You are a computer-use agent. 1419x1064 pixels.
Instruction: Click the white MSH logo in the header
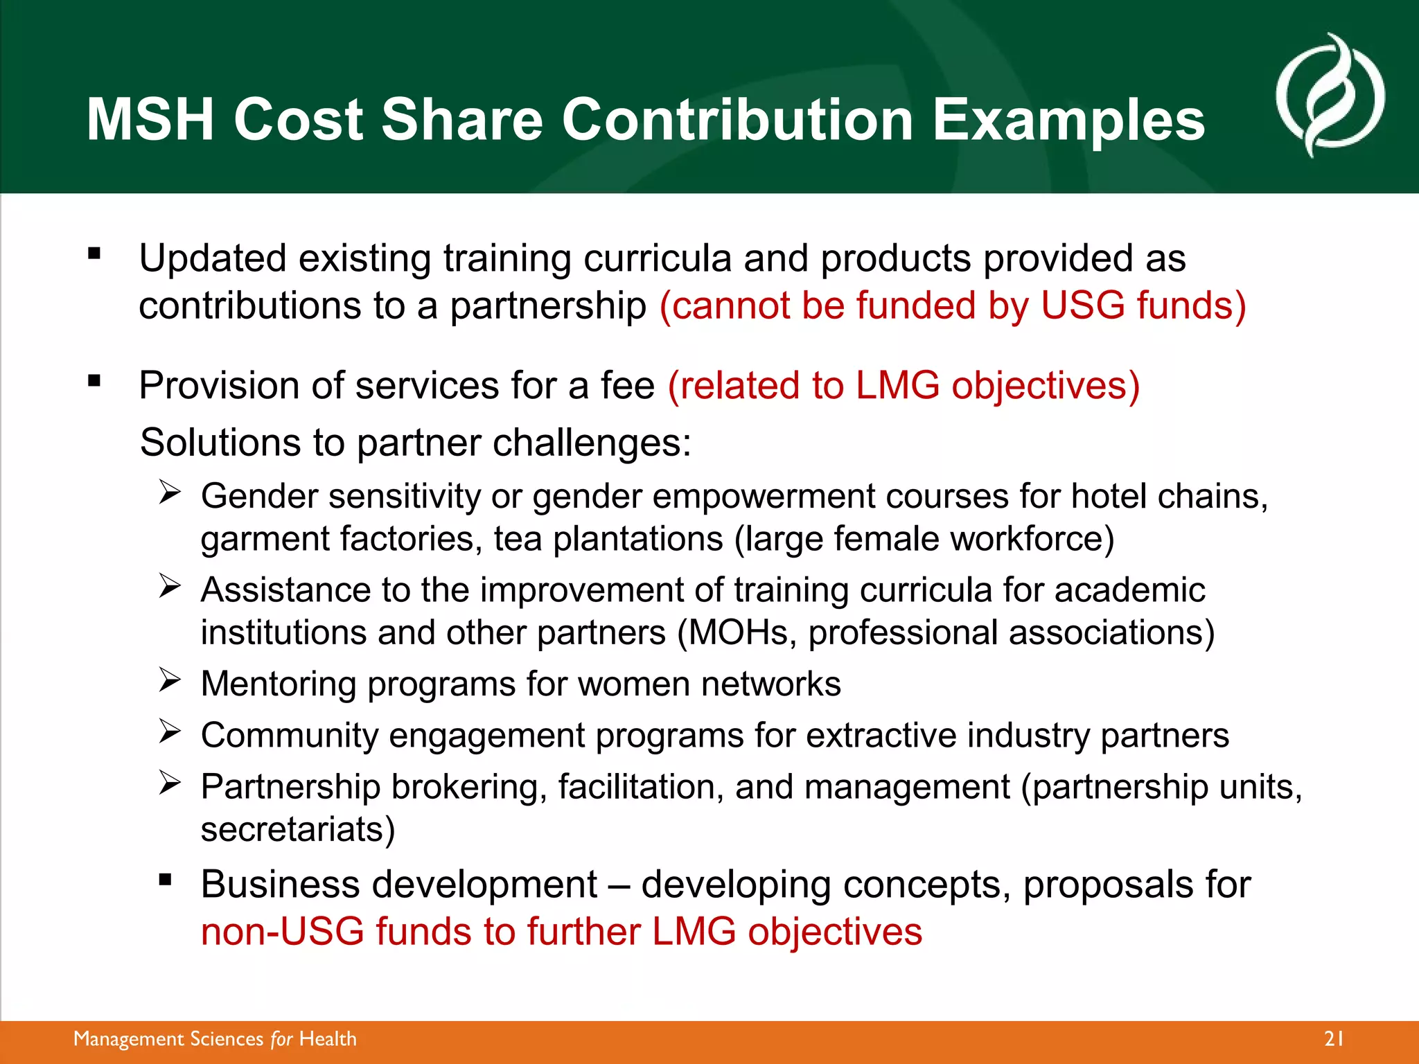tap(1330, 96)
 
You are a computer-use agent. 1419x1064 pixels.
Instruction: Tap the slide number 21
tap(1334, 1038)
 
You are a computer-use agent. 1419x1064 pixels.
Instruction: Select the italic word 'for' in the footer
tap(281, 1039)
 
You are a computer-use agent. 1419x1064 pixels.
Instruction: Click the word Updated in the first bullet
tap(213, 258)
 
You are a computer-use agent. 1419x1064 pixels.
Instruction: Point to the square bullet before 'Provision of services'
tap(94, 380)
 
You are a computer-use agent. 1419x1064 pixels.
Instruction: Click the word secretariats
tap(297, 829)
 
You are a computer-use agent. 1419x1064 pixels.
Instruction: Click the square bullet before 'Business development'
tap(165, 880)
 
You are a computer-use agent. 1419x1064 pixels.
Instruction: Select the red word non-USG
tap(282, 931)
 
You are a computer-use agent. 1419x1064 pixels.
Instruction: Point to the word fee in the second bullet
tap(627, 385)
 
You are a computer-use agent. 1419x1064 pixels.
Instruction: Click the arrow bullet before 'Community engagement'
tap(169, 731)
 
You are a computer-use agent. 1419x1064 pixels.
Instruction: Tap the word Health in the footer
tap(328, 1039)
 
